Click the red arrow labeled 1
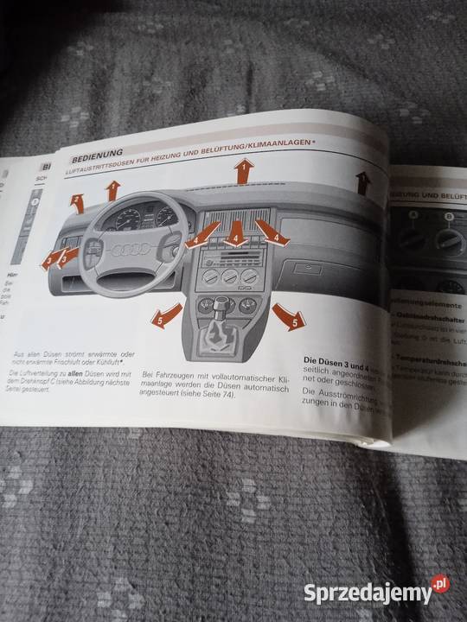[x=244, y=171]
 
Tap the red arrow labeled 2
[x=78, y=204]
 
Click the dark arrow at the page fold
[x=362, y=181]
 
